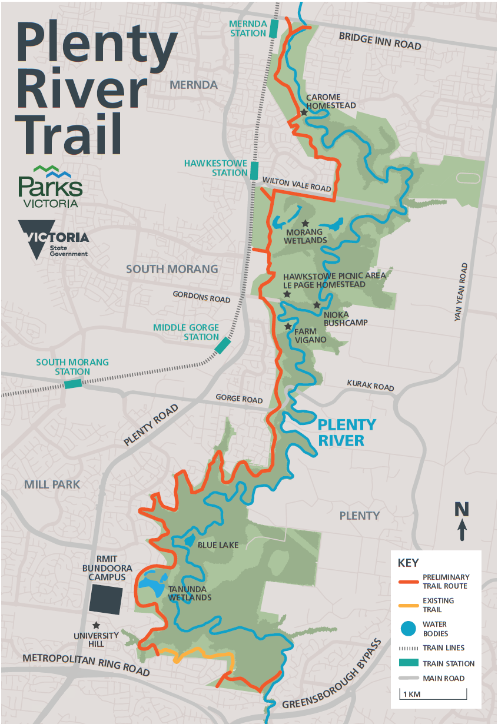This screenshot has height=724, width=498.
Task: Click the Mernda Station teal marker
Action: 273,29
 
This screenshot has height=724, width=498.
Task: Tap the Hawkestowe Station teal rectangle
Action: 254,171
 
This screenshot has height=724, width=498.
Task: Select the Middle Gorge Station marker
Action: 223,345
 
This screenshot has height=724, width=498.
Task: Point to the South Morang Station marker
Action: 73,384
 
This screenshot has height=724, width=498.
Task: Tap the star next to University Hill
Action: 96,625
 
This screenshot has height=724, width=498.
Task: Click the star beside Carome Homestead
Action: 304,112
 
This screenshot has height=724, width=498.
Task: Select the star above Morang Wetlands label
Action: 305,224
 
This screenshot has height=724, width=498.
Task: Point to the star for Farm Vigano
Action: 288,326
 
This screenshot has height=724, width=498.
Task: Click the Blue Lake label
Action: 218,545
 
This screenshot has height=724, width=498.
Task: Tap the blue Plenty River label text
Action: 346,433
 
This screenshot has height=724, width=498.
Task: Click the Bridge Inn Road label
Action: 380,42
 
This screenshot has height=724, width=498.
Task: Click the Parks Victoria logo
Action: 50,187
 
